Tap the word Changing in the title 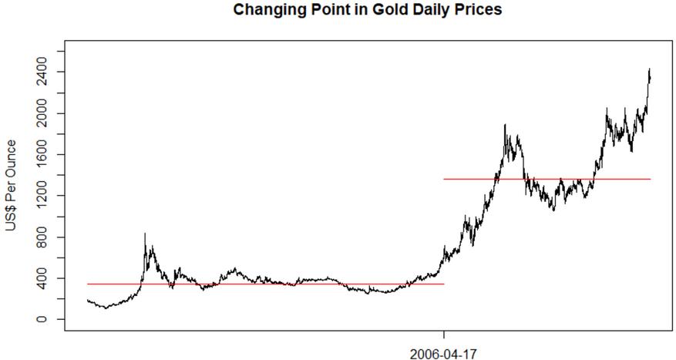point(263,10)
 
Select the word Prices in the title point(479,10)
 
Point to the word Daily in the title point(420,10)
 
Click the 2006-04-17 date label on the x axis point(443,354)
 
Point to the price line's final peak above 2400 point(650,69)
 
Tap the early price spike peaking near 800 point(145,234)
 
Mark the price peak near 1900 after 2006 point(505,125)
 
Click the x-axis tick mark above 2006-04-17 point(443,335)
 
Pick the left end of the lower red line point(89,284)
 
